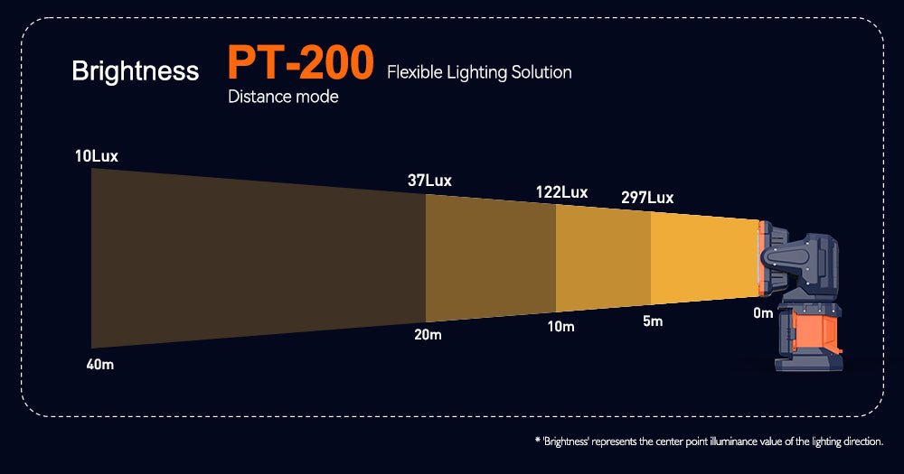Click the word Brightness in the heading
136,71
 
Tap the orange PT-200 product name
300,62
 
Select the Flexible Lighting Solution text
479,72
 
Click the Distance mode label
283,97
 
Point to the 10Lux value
97,156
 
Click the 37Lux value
429,181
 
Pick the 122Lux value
561,192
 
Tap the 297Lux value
647,198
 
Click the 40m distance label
99,365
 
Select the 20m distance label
428,335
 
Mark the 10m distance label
560,326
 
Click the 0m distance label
763,313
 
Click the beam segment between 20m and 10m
490,256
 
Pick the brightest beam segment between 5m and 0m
703,258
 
